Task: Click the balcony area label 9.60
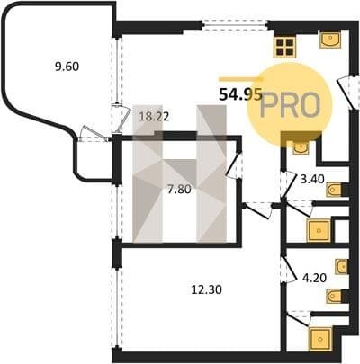click(67, 67)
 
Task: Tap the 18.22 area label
click(155, 116)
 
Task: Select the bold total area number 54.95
click(241, 94)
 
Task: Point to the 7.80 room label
click(179, 190)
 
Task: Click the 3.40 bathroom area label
click(312, 179)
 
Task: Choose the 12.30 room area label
click(207, 289)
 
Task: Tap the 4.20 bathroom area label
click(314, 278)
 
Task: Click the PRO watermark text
click(290, 105)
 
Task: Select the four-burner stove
click(284, 48)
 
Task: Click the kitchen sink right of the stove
click(330, 40)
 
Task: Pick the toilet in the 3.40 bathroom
click(335, 190)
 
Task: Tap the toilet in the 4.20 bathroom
click(335, 297)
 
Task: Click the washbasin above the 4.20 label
click(342, 266)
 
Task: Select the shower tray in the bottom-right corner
click(320, 339)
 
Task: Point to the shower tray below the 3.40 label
click(319, 231)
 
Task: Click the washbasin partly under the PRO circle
click(301, 146)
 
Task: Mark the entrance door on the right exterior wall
click(348, 93)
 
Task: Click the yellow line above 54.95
click(241, 79)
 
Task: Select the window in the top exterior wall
click(235, 25)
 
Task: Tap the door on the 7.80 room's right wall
click(234, 165)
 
